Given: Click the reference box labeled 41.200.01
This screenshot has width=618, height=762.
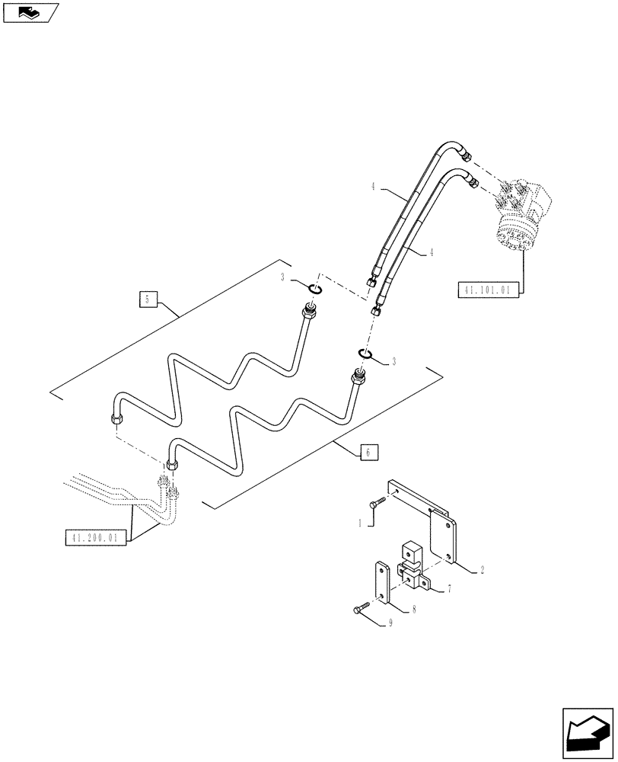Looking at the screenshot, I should (x=95, y=538).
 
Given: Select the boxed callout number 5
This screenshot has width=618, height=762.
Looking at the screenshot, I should (x=148, y=299).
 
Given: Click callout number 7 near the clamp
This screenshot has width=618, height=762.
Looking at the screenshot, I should (x=450, y=589).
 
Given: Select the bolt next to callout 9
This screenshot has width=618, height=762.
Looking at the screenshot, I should (x=360, y=607).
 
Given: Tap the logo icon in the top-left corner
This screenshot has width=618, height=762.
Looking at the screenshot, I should (x=30, y=12).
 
